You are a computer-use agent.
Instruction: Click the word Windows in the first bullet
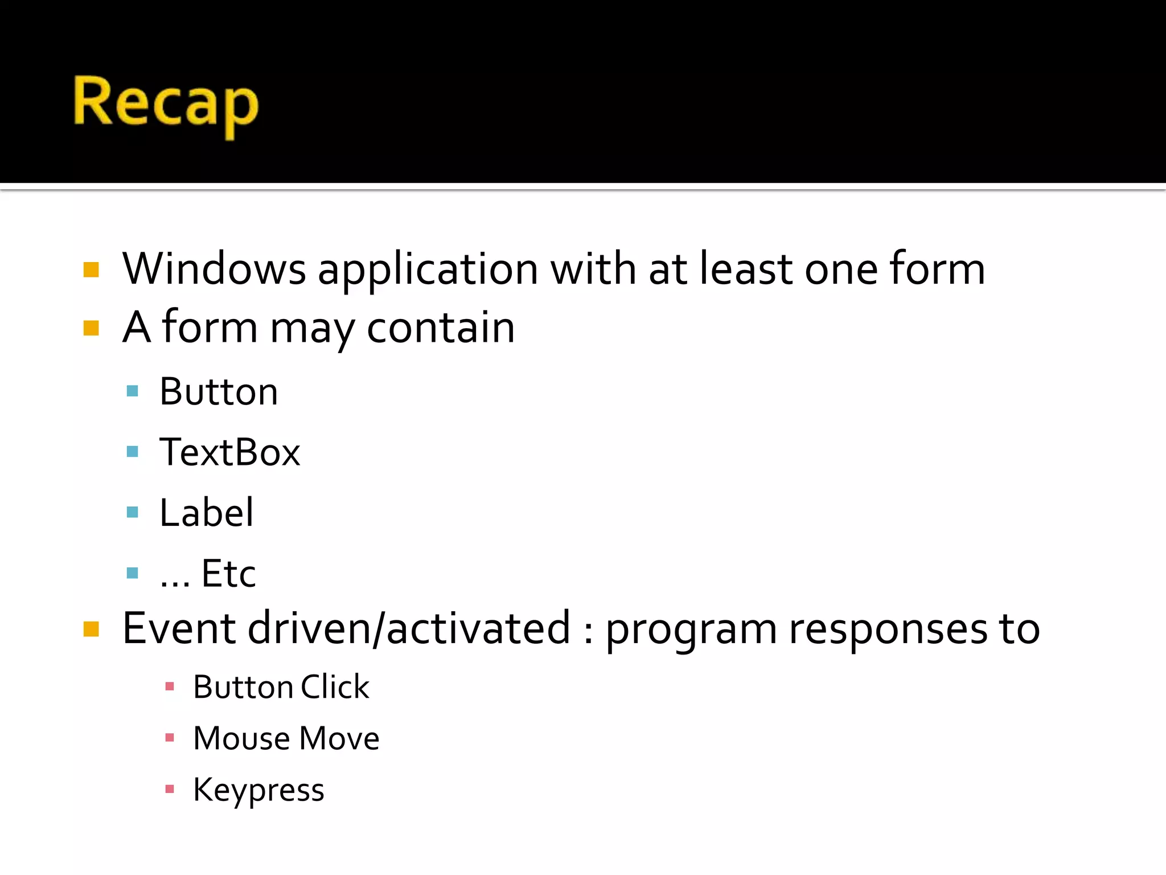click(214, 269)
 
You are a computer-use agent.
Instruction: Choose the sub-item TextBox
click(229, 452)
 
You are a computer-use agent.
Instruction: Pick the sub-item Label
click(206, 512)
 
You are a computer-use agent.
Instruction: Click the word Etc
click(228, 573)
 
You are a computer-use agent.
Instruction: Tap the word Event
click(179, 628)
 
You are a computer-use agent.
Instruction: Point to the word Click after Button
click(335, 686)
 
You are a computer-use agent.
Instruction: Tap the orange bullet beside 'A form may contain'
click(91, 328)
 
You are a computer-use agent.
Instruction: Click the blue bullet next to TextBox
click(133, 452)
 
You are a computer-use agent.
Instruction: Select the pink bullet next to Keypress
click(169, 790)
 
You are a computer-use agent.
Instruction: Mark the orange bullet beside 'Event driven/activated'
click(91, 629)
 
